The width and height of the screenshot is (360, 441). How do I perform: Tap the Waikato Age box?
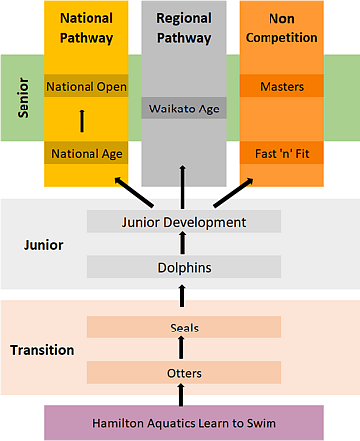click(183, 108)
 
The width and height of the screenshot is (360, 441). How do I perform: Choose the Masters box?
click(281, 87)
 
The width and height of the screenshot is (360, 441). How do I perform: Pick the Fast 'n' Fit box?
click(281, 153)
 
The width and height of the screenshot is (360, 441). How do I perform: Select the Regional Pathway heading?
click(183, 28)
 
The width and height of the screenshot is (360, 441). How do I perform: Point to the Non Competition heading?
click(281, 28)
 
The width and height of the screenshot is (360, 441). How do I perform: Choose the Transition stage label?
click(42, 350)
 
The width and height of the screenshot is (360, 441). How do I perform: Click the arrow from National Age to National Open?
click(81, 120)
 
